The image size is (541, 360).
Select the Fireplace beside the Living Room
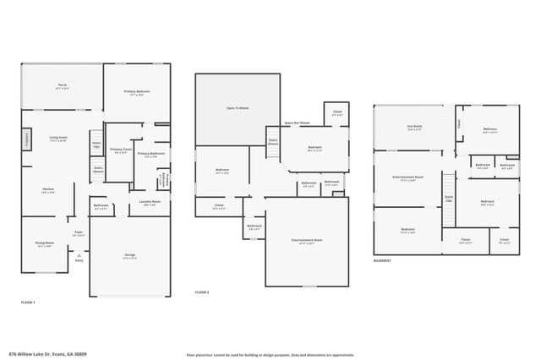click(25, 138)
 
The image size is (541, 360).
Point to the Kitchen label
click(49, 191)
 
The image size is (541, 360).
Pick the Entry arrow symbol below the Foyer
click(79, 255)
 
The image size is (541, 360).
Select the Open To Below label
click(238, 108)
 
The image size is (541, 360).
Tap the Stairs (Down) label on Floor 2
click(273, 142)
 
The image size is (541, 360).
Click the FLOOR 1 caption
click(28, 302)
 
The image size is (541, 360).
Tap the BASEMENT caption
click(382, 261)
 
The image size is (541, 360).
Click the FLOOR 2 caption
click(201, 292)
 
